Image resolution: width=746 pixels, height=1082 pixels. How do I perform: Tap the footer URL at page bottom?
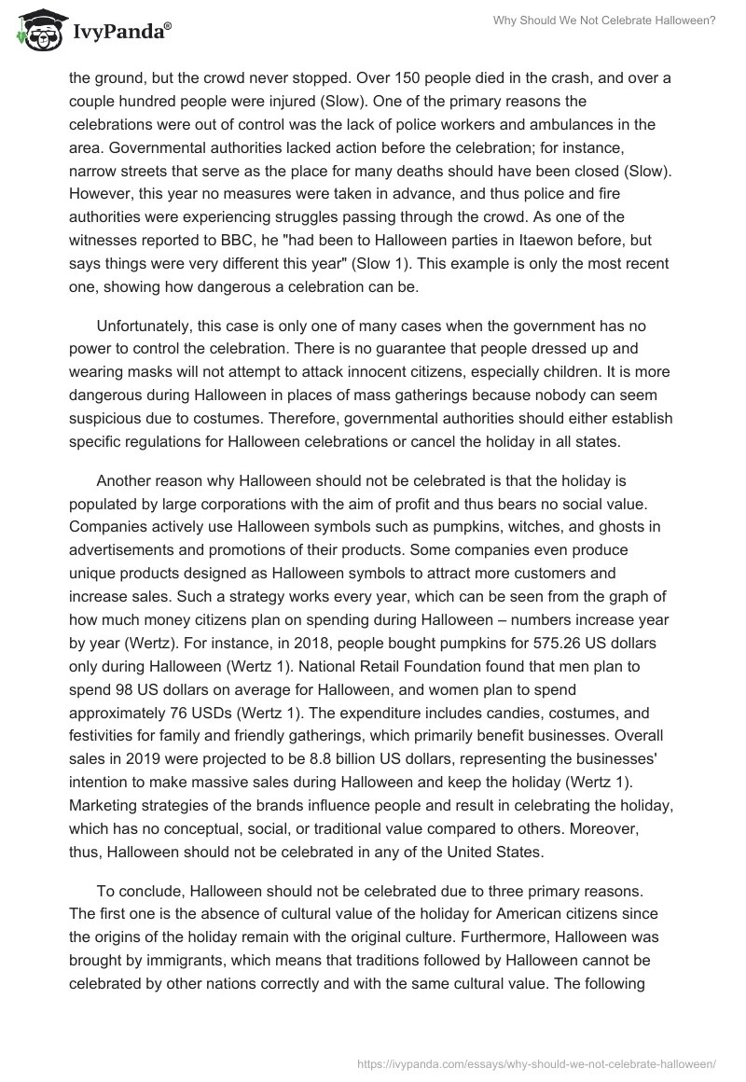coord(536,1061)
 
